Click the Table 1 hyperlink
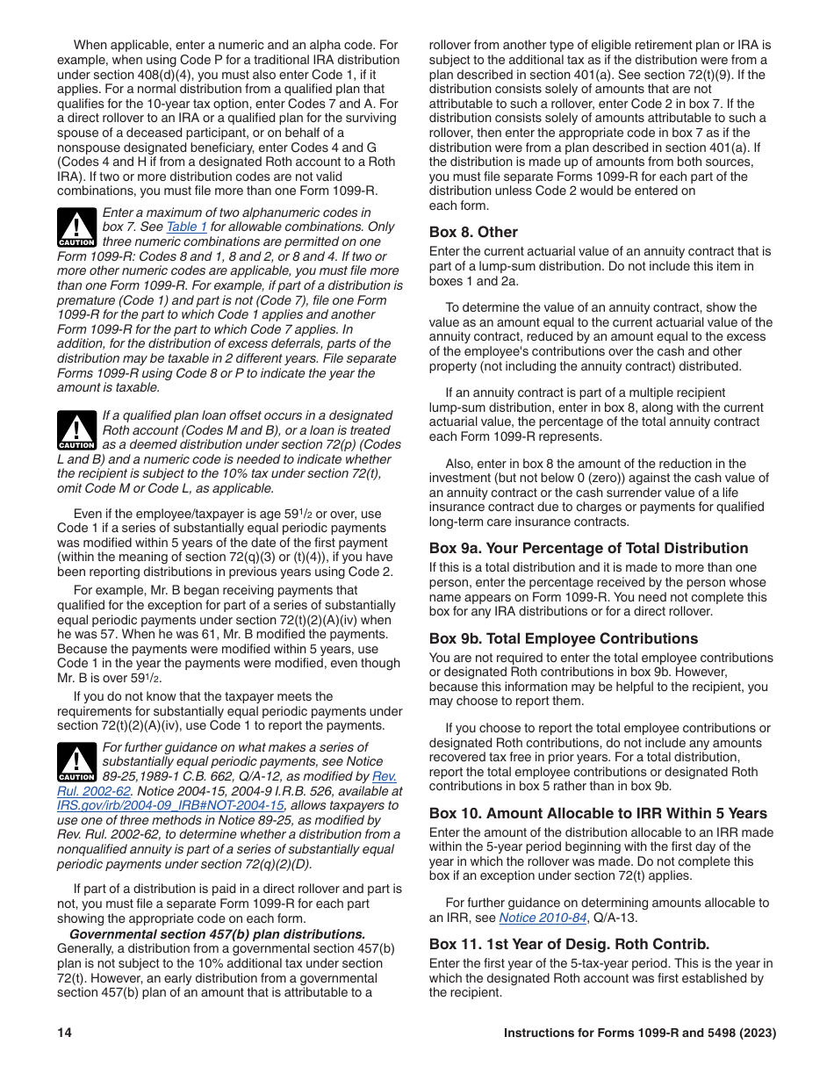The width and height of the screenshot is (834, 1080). click(187, 227)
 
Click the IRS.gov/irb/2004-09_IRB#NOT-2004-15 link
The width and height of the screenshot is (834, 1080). click(170, 805)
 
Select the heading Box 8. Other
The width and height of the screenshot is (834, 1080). click(473, 233)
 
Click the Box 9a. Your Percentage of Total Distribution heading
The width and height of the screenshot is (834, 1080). click(588, 549)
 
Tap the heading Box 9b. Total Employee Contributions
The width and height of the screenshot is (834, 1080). click(563, 639)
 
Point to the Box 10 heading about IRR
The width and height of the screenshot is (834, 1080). click(598, 814)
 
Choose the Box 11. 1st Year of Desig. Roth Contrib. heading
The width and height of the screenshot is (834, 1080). click(569, 945)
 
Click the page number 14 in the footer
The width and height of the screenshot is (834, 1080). click(65, 1033)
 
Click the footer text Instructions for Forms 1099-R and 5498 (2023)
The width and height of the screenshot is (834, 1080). click(639, 1033)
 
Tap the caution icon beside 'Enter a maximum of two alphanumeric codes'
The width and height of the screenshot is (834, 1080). click(77, 227)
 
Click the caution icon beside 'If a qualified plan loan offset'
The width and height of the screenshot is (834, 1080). click(77, 430)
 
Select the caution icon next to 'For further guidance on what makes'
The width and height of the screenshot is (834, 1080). click(77, 762)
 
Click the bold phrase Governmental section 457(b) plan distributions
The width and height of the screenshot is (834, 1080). click(217, 934)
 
